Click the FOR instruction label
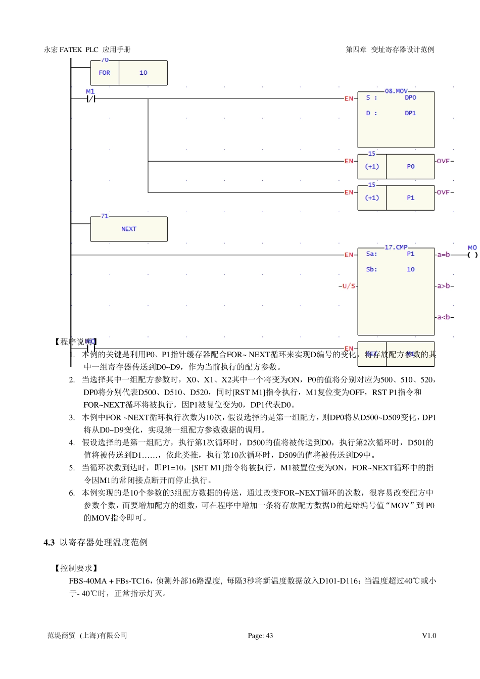104,73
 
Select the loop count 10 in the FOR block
143,73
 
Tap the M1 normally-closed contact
90,99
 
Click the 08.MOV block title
396,91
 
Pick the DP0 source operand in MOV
410,98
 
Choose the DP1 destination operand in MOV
410,113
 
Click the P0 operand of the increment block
410,166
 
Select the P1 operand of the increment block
410,198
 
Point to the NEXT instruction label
129,229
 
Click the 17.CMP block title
396,247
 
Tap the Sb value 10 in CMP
410,269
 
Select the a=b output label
444,255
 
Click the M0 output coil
472,255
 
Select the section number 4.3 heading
49,542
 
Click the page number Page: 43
260,636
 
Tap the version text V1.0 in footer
429,636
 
